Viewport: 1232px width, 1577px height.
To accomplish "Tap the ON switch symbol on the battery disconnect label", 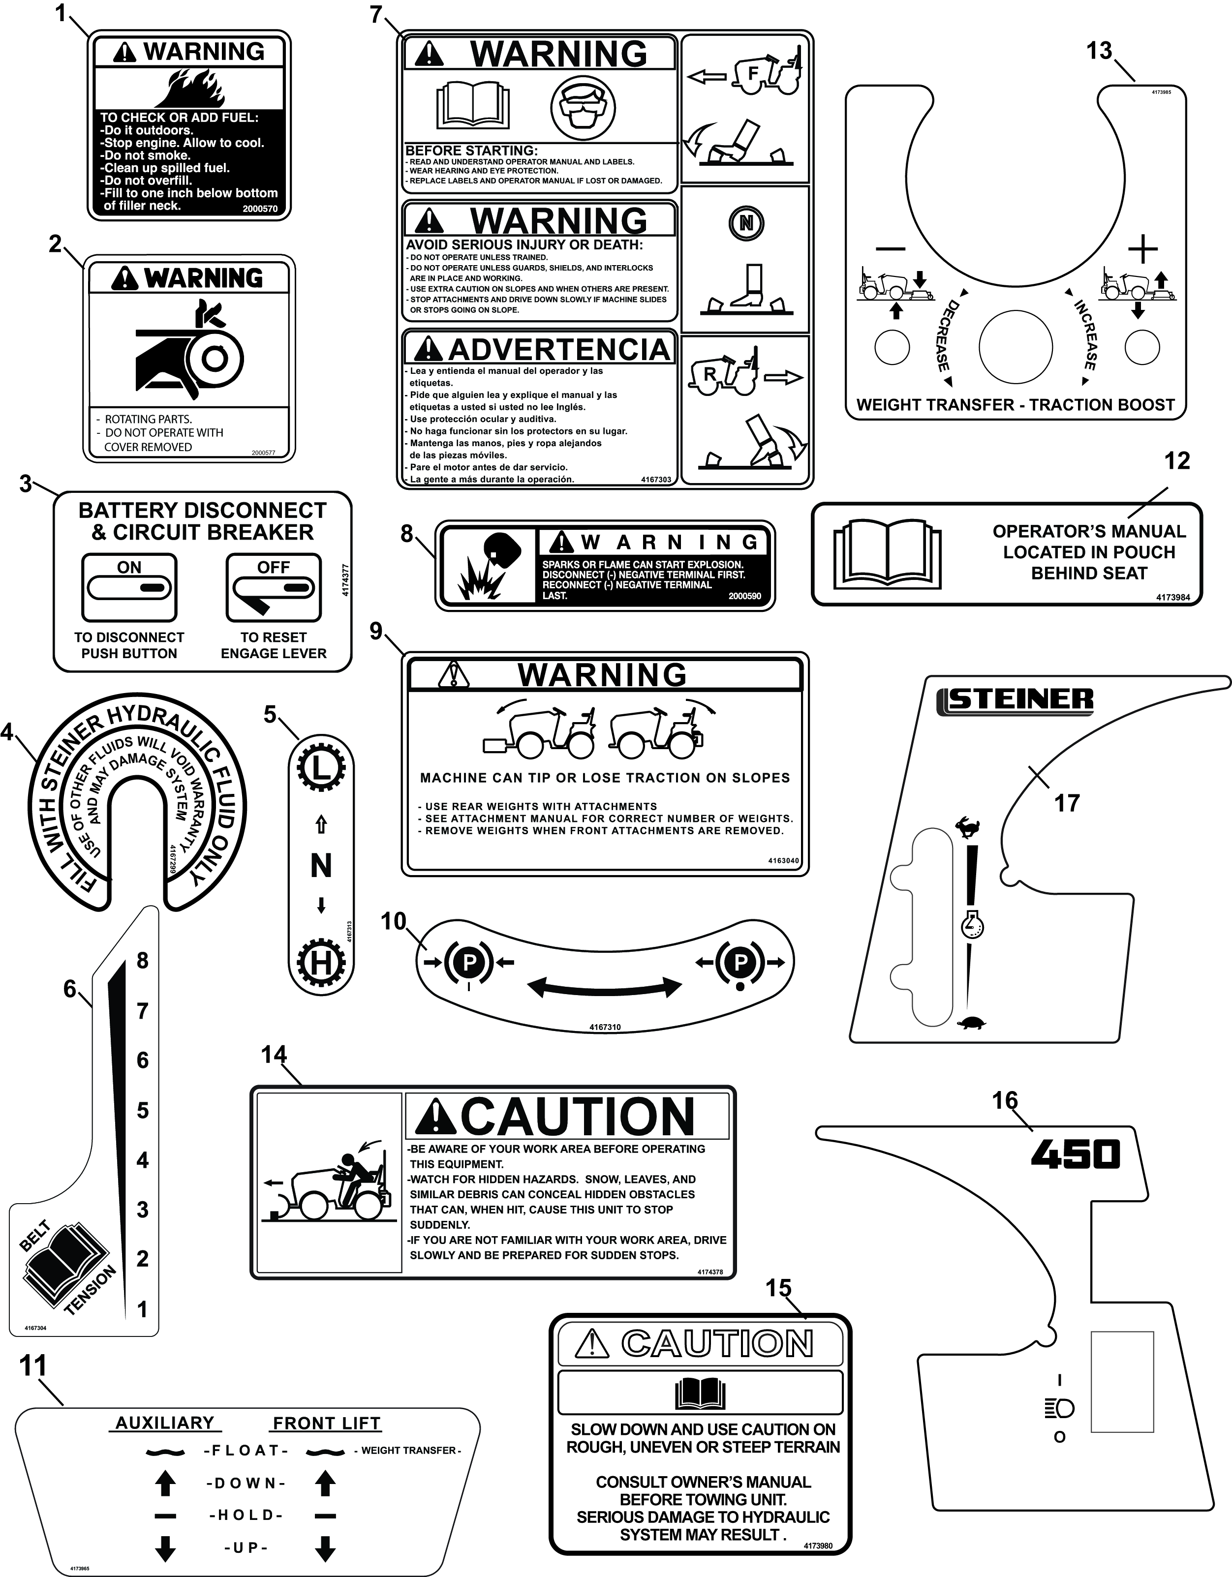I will point(129,588).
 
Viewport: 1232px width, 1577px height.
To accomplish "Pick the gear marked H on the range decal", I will point(321,963).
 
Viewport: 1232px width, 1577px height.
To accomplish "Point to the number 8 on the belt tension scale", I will point(142,960).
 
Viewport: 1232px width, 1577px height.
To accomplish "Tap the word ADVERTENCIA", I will point(559,349).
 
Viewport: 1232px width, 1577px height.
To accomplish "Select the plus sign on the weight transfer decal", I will point(1142,250).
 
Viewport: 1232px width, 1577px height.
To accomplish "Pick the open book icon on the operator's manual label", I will point(888,553).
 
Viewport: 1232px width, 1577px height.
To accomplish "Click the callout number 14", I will point(274,1055).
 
